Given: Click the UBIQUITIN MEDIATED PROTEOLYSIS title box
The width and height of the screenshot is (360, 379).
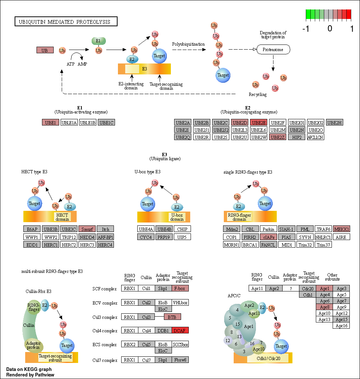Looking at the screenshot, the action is (x=66, y=22).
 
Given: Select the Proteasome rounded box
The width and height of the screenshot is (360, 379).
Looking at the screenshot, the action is (x=273, y=50).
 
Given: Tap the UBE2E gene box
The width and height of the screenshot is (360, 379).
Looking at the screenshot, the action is (x=259, y=123).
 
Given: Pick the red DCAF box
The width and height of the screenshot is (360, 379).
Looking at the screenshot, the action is (x=180, y=330).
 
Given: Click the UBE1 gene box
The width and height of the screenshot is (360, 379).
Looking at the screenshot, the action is (x=50, y=123).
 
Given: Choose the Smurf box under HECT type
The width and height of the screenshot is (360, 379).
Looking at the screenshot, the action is (x=87, y=229).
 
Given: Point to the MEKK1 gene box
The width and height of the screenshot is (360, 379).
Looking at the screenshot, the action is (x=341, y=229).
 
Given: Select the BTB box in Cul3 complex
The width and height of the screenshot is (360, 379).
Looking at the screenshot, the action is (x=172, y=317).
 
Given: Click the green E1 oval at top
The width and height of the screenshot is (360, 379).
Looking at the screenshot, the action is (x=99, y=41).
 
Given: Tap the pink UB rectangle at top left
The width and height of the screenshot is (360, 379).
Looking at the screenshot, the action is (x=45, y=50).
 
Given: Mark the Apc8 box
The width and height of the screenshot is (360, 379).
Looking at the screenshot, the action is (x=325, y=307).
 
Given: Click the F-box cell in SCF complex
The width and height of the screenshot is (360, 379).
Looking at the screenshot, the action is (x=180, y=289).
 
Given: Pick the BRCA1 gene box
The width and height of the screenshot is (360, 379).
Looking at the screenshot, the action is (x=250, y=245).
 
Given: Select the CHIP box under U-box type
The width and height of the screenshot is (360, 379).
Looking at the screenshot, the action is (x=182, y=229).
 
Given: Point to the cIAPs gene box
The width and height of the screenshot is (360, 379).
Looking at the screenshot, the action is (x=269, y=237).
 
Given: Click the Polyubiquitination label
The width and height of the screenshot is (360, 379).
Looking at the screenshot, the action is (x=188, y=44).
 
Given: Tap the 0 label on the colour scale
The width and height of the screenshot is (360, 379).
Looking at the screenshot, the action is (x=330, y=29).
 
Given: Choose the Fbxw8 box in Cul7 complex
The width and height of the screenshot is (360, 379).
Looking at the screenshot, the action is (x=180, y=360).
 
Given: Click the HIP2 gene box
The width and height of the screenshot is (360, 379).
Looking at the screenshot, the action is (x=296, y=137).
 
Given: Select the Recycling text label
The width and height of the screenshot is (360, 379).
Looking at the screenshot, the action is (x=258, y=94).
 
